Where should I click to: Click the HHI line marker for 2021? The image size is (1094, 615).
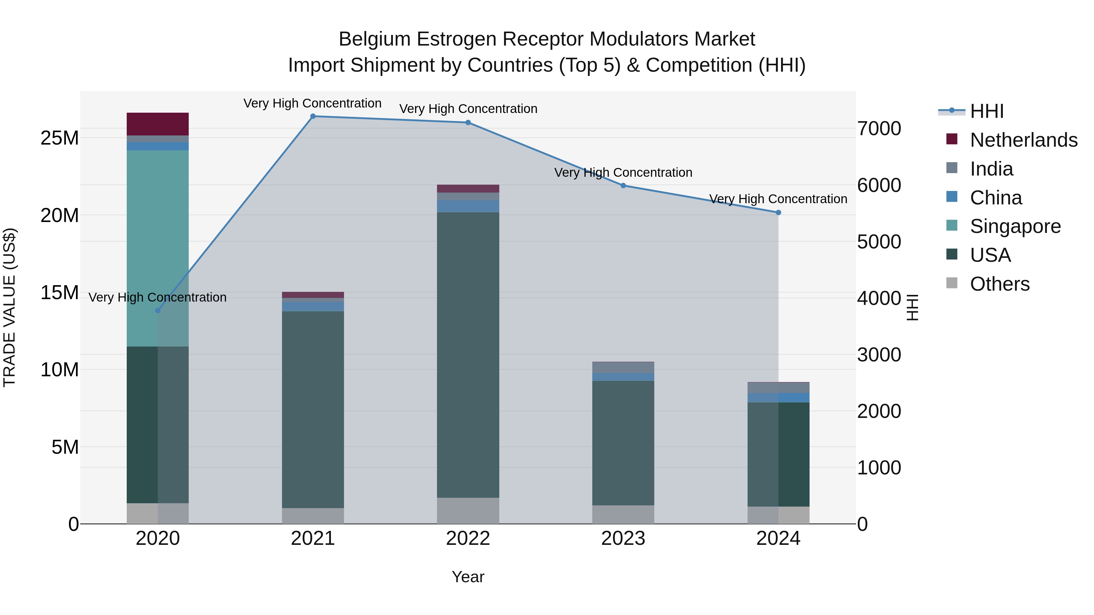click(x=313, y=116)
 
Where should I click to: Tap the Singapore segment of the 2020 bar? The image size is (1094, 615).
click(x=157, y=248)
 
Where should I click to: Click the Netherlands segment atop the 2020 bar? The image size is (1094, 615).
click(x=157, y=124)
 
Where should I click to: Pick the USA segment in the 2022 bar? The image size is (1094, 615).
click(x=468, y=354)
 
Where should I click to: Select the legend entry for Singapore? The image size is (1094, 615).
click(x=1015, y=226)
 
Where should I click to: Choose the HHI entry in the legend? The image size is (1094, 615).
click(x=986, y=111)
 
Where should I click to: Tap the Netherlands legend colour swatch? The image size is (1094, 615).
click(x=952, y=139)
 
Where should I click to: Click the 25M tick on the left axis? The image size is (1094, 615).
click(x=60, y=138)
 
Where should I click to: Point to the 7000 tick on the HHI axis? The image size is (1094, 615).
click(x=879, y=128)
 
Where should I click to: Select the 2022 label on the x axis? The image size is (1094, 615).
click(x=468, y=538)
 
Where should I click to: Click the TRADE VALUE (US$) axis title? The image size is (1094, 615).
click(x=9, y=307)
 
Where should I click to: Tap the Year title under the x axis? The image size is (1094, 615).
click(x=468, y=577)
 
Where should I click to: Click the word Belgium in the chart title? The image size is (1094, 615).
click(x=374, y=39)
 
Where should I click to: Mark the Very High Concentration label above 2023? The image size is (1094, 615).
click(x=623, y=173)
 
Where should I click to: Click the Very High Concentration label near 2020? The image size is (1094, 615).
click(x=157, y=298)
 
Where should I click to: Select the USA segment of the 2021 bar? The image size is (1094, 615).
click(x=313, y=410)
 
